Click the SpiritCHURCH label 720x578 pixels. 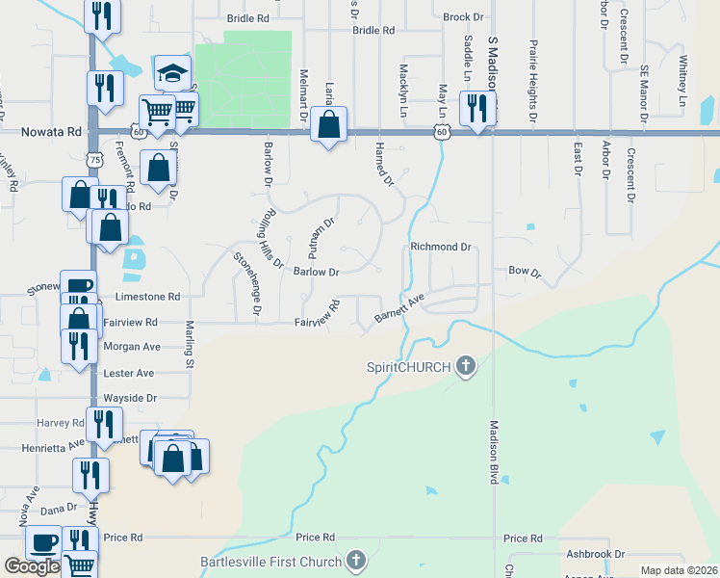pyautogui.click(x=408, y=366)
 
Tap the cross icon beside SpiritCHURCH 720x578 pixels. pyautogui.click(x=466, y=365)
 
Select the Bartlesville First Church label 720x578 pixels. pyautogui.click(x=270, y=562)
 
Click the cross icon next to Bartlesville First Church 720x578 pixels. pyautogui.click(x=356, y=561)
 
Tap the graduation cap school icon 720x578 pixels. pyautogui.click(x=172, y=73)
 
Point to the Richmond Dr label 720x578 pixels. pyautogui.click(x=440, y=247)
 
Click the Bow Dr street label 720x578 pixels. pyautogui.click(x=526, y=273)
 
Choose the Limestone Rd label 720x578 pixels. pyautogui.click(x=147, y=298)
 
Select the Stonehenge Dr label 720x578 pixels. pyautogui.click(x=247, y=282)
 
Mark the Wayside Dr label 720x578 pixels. pyautogui.click(x=130, y=398)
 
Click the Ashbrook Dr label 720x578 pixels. pyautogui.click(x=596, y=554)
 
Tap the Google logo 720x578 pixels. pyautogui.click(x=32, y=566)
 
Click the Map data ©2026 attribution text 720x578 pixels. pyautogui.click(x=679, y=570)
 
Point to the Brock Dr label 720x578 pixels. pyautogui.click(x=463, y=17)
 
